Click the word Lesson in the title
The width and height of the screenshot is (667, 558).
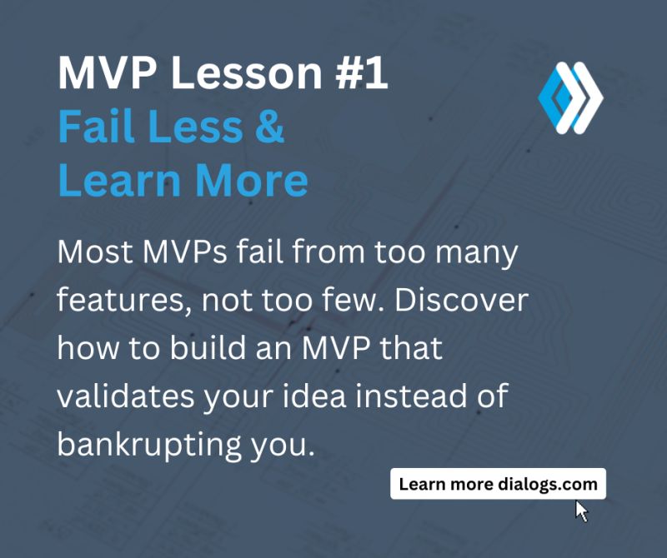click(246, 75)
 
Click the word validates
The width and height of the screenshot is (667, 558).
click(120, 396)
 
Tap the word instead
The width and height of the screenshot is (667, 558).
click(414, 396)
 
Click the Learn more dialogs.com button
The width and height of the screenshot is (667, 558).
click(498, 484)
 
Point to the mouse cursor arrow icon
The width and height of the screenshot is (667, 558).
click(581, 511)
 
